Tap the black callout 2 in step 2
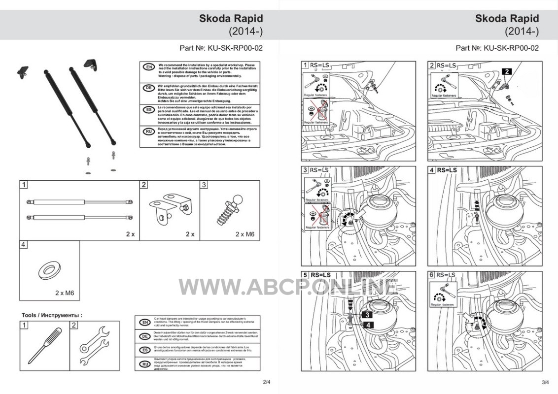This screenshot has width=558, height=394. click(x=507, y=71)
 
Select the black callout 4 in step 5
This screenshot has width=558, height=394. click(x=368, y=324)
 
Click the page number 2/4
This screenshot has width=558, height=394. click(x=267, y=382)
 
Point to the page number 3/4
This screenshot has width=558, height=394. click(x=545, y=382)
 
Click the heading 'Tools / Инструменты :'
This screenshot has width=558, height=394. click(x=52, y=315)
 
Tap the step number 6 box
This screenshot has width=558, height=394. click(x=432, y=275)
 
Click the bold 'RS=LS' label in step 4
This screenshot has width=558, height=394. click(x=447, y=170)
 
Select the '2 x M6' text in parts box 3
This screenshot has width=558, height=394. click(x=244, y=234)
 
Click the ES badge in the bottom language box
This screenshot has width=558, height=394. click(x=145, y=350)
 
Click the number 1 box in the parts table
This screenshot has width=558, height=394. click(x=24, y=185)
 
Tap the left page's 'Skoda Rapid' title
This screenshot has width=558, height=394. click(x=231, y=19)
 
